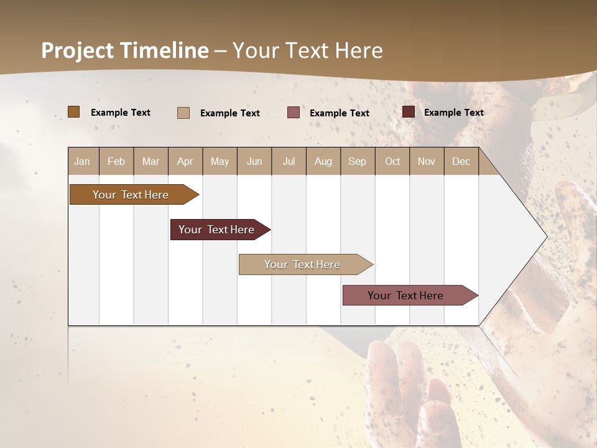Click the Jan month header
(x=82, y=161)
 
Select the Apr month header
(x=185, y=161)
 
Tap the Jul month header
(x=289, y=161)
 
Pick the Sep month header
(x=357, y=161)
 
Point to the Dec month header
(x=461, y=161)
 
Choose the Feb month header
(x=116, y=161)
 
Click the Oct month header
(x=392, y=161)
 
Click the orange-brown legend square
(x=74, y=112)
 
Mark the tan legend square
(x=183, y=113)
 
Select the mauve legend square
(x=294, y=113)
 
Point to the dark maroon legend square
(x=409, y=112)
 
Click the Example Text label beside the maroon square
(x=453, y=113)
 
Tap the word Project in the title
(x=77, y=50)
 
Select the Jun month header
(x=254, y=161)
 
